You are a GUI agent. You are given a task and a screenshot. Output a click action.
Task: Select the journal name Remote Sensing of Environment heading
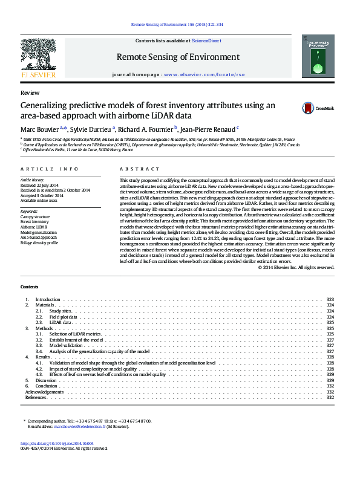pos(178,57)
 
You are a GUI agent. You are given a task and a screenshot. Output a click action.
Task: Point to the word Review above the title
pos(30,93)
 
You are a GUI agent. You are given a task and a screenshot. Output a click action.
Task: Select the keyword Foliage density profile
pos(39,243)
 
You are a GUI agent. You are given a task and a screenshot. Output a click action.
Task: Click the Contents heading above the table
pos(29,286)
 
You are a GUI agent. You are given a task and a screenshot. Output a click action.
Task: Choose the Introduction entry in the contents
pos(48,300)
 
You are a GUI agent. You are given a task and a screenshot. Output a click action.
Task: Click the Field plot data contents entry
pos(64,316)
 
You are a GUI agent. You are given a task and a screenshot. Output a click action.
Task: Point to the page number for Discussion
pos(330,380)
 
